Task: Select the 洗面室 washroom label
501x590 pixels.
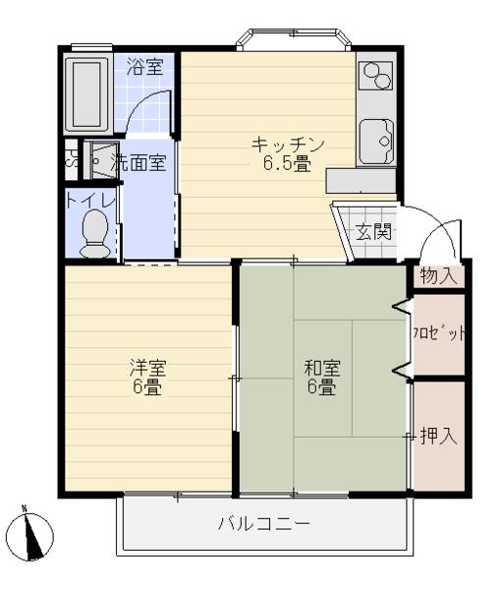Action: (139, 163)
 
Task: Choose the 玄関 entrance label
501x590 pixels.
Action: (373, 232)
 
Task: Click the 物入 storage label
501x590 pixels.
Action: (438, 275)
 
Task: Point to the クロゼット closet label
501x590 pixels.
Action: (438, 334)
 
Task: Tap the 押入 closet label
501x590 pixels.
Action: (438, 436)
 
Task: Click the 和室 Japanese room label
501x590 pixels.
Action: (322, 368)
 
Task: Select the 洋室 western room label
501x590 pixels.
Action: (149, 368)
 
